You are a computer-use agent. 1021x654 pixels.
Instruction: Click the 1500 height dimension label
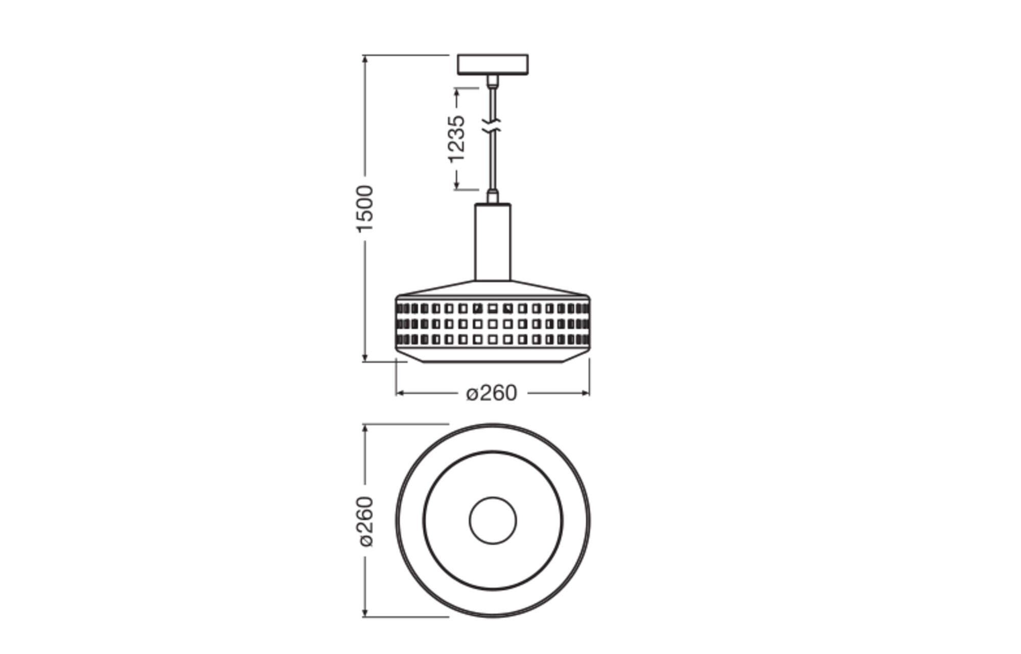click(365, 209)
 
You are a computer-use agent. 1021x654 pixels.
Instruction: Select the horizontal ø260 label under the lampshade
click(492, 393)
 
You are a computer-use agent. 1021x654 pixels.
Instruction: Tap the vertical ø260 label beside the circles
click(366, 521)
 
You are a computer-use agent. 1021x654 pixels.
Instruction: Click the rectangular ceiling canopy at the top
click(493, 64)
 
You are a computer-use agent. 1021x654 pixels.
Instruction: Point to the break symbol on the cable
click(492, 126)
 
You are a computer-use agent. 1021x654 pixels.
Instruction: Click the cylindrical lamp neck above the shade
click(493, 242)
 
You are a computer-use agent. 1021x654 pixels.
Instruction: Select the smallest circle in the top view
click(493, 520)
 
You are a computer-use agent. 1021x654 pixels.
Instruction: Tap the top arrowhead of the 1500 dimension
click(365, 59)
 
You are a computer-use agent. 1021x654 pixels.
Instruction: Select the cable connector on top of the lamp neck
click(493, 196)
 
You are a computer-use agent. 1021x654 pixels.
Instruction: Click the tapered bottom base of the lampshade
click(493, 356)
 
